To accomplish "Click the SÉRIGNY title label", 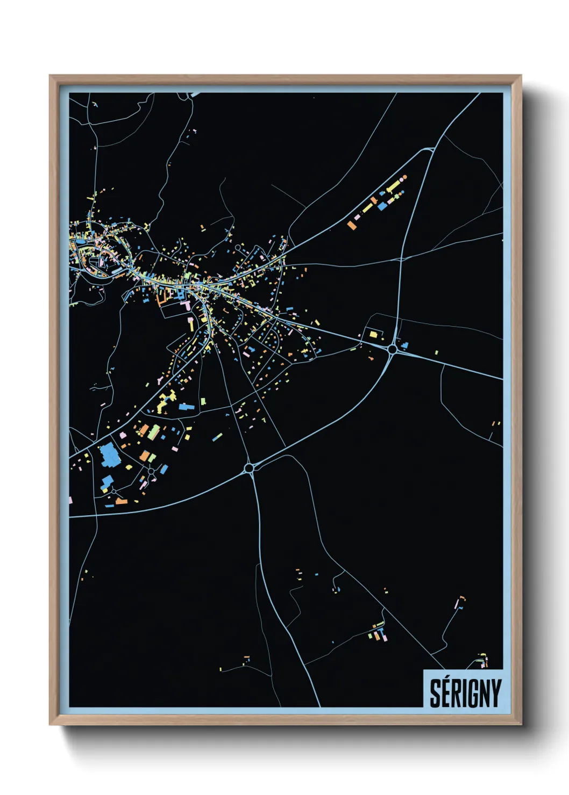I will coord(465,693).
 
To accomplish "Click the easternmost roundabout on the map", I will coord(392,350).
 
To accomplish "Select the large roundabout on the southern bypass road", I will coord(248,468).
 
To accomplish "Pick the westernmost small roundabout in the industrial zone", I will coord(114,491).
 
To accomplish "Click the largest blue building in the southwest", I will coord(110,455).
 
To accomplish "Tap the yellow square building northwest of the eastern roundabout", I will coord(373,335).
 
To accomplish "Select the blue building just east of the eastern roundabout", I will coord(405,345).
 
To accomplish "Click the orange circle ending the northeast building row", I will coord(404,177).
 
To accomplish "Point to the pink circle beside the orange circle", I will coord(401,179).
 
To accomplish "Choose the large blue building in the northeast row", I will coord(382,205).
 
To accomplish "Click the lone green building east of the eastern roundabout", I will coord(436,352).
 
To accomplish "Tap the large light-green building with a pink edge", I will coord(154,432).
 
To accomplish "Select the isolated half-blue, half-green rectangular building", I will coord(217,437).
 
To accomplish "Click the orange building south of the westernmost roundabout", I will coord(122,502).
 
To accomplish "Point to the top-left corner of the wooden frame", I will coord(49,75).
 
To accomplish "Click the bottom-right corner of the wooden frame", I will coord(521,725).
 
